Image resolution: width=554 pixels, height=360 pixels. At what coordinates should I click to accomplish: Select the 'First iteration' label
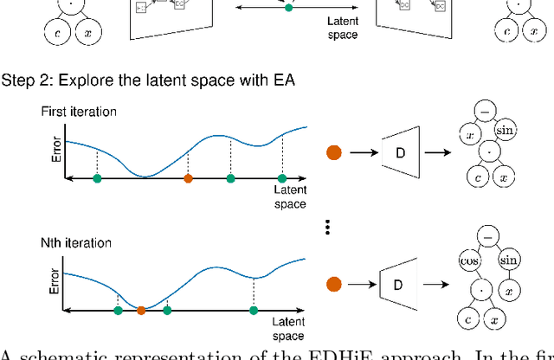[x=77, y=112]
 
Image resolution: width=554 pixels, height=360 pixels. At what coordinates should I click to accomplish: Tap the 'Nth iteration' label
[x=76, y=243]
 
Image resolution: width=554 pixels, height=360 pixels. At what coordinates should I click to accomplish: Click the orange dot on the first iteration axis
[x=189, y=178]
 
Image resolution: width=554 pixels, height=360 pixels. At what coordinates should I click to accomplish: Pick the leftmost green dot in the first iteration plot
[x=97, y=178]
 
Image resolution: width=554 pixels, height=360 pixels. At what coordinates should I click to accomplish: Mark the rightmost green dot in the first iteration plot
[x=281, y=178]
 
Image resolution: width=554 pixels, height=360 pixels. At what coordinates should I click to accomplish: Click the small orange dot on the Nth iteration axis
[x=141, y=309]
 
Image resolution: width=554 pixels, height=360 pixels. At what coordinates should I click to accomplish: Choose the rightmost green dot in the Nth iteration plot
[x=254, y=309]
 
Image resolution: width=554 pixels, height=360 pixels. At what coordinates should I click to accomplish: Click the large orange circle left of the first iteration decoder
[x=334, y=153]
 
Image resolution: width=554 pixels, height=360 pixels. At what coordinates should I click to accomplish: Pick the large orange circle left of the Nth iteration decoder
[x=334, y=284]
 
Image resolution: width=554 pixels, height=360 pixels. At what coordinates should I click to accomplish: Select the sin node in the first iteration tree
[x=506, y=130]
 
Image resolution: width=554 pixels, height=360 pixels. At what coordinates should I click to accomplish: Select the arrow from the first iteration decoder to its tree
[x=441, y=153]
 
